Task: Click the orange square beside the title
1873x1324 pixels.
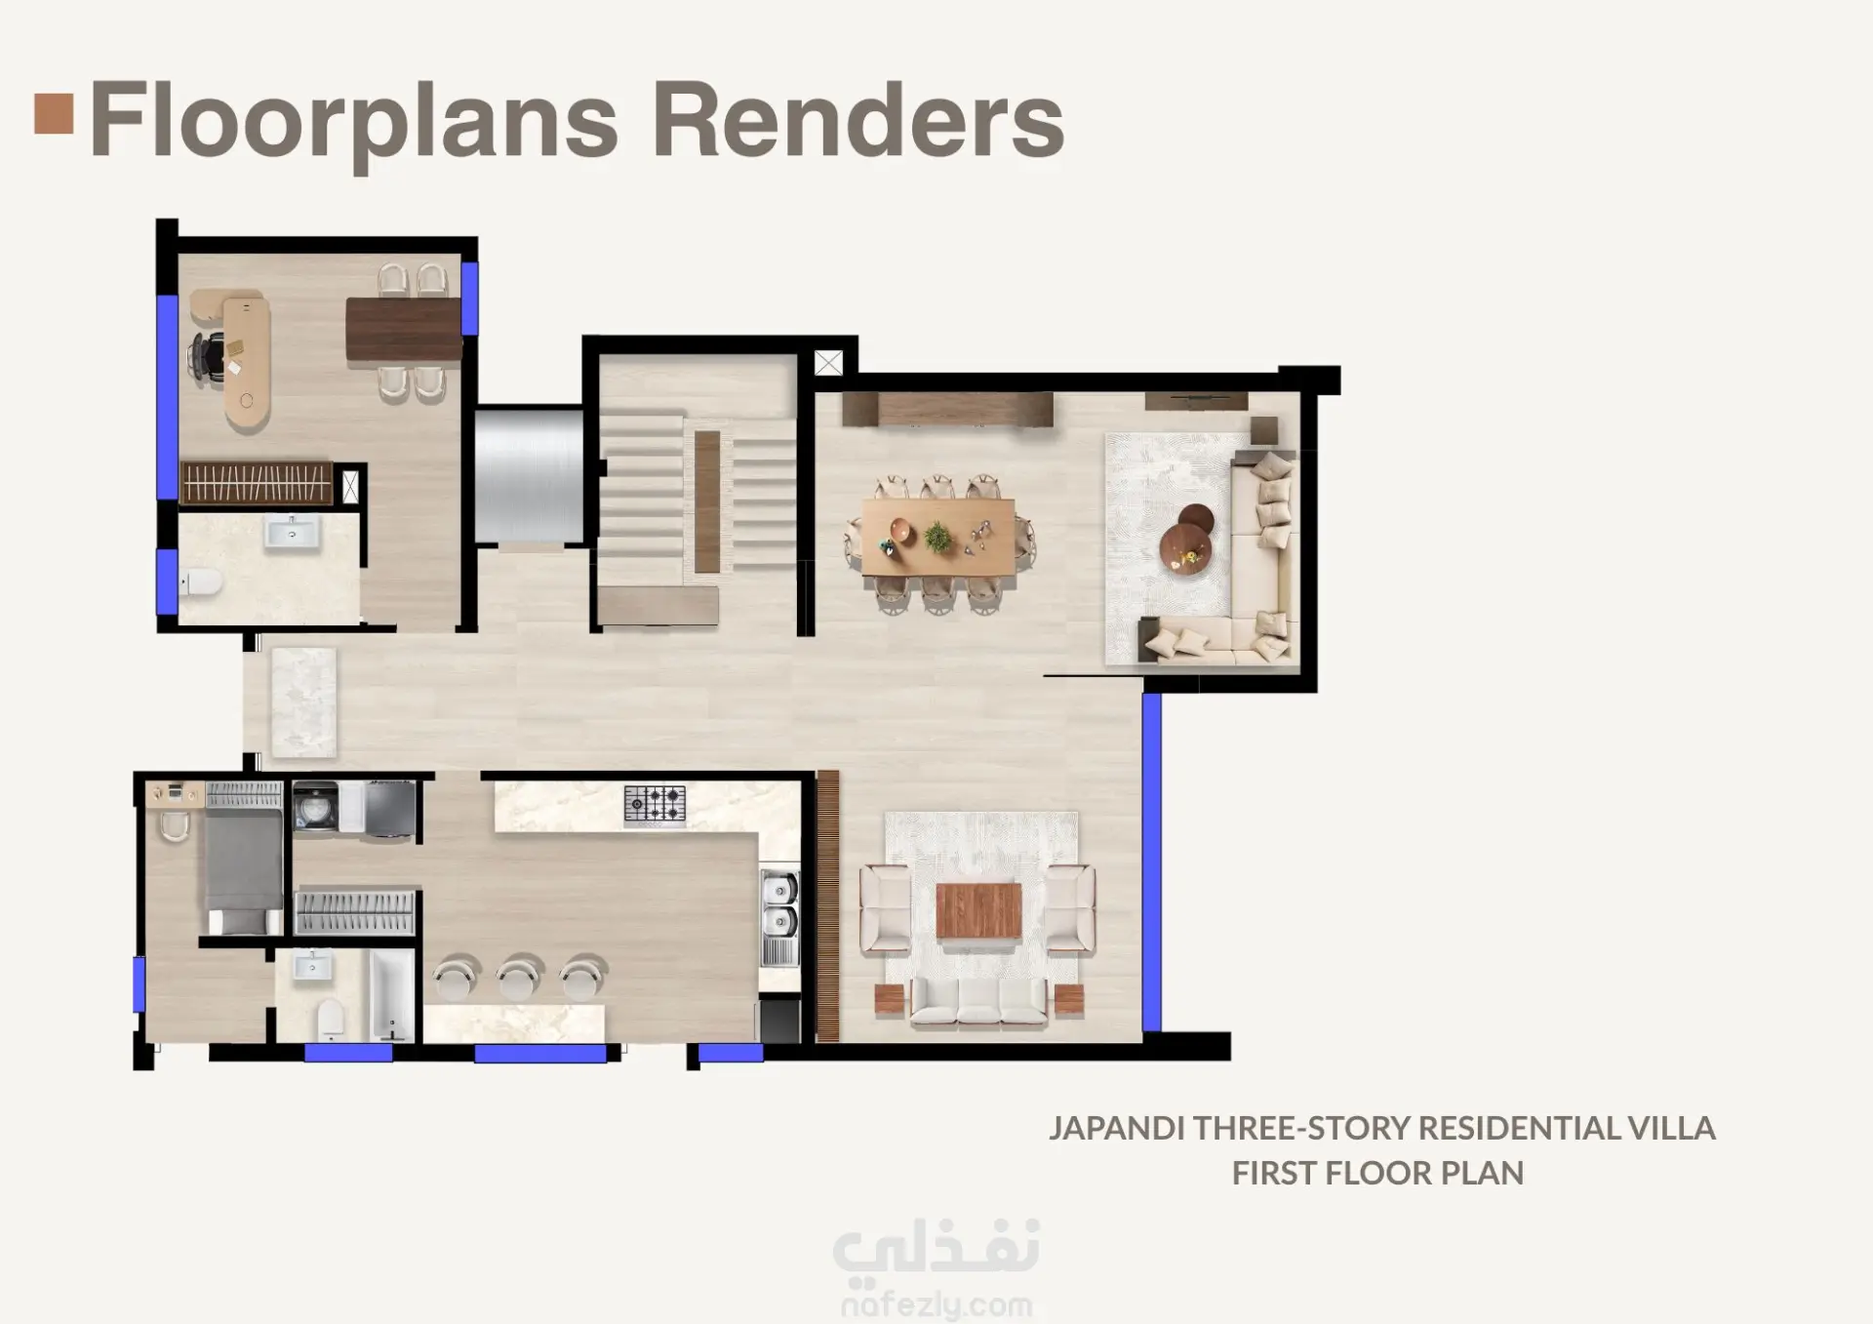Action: (54, 112)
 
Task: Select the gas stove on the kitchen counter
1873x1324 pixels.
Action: (655, 805)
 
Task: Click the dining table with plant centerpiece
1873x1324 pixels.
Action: (938, 537)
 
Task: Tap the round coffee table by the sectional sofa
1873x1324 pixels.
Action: (1187, 536)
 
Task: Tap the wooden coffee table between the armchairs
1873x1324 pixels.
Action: (978, 911)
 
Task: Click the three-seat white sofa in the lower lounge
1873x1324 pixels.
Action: (978, 1004)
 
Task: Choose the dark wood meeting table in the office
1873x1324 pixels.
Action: (403, 329)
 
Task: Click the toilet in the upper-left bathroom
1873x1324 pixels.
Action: (201, 583)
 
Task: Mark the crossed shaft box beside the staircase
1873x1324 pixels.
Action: (828, 364)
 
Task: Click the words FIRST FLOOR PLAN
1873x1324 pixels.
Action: (1377, 1173)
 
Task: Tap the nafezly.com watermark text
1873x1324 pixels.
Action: (936, 1304)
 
